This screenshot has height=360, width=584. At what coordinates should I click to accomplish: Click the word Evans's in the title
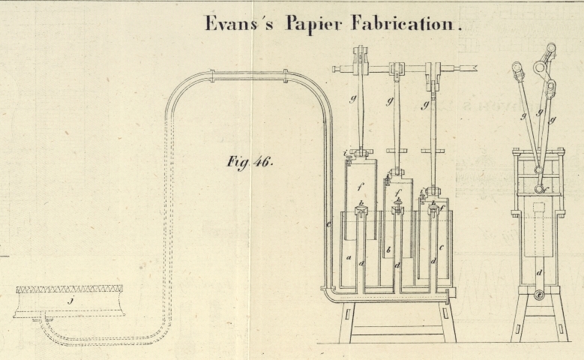coord(239,23)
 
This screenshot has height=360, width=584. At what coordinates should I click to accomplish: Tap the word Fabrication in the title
coord(409,23)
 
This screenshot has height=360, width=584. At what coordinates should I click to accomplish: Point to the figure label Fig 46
coord(250,161)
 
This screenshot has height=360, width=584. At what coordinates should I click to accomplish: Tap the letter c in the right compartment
coord(442,247)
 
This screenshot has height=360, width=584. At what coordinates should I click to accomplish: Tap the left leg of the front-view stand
coord(346,322)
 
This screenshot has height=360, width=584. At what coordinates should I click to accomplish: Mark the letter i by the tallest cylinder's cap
coord(346,154)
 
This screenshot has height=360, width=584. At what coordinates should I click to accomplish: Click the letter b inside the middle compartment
coord(388,250)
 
